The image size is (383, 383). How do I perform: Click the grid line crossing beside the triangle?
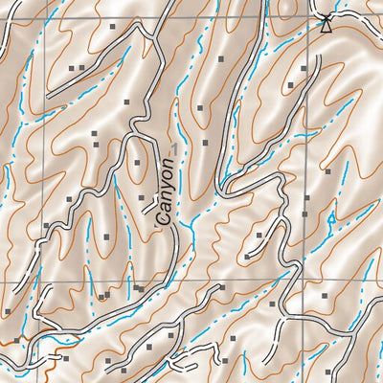308,17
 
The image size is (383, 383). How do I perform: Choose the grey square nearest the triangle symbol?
304,69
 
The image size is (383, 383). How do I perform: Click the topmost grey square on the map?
112,27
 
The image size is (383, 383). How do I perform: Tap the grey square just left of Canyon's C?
142,198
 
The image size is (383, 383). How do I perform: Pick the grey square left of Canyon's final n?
137,163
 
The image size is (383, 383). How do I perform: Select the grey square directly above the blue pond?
327,172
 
